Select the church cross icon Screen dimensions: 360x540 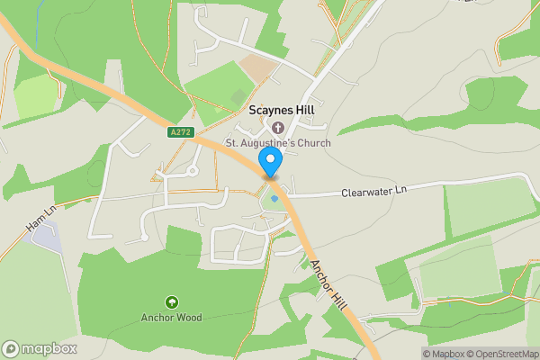pos(278,128)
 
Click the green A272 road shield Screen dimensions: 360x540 pos(179,132)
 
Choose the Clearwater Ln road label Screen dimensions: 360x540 pos(374,193)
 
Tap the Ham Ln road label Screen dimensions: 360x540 pos(40,219)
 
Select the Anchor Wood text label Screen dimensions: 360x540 pos(171,318)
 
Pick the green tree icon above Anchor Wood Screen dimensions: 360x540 pos(171,301)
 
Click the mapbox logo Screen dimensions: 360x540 pos(40,348)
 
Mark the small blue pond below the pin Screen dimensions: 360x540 pos(274,199)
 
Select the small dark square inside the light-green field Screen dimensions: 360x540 pos(238,94)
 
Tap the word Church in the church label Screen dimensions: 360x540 pos(313,143)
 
